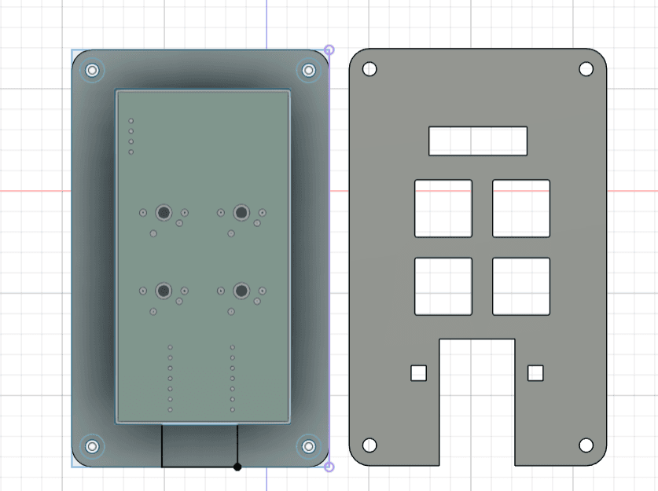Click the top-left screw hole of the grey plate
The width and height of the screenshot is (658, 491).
click(x=369, y=69)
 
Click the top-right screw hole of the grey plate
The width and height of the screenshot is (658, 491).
click(x=586, y=69)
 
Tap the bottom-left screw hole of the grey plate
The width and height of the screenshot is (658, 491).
click(x=369, y=445)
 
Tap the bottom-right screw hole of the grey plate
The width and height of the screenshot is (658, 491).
click(x=586, y=445)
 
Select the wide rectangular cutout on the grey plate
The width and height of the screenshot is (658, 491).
click(x=478, y=141)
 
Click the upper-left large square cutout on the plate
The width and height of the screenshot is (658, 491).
click(x=443, y=208)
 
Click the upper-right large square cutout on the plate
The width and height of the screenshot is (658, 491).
click(x=521, y=208)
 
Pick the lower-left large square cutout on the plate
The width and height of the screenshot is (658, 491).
click(x=443, y=286)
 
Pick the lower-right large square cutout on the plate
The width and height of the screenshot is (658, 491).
click(x=521, y=286)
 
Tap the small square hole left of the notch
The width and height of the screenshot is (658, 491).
click(x=418, y=372)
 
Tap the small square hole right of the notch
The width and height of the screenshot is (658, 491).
click(x=535, y=372)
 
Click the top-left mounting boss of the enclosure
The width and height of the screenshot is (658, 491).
click(x=92, y=70)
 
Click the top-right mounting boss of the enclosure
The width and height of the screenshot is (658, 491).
click(x=308, y=70)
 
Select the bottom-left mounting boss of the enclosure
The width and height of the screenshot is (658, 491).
click(x=92, y=446)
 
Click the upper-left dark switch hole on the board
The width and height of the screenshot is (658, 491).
click(x=164, y=212)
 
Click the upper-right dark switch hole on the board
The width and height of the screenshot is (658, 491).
click(x=241, y=212)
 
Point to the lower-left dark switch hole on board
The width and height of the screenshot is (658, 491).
click(x=164, y=291)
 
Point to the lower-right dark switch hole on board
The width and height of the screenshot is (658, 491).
click(x=241, y=291)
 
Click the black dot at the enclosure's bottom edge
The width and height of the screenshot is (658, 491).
click(x=237, y=467)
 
